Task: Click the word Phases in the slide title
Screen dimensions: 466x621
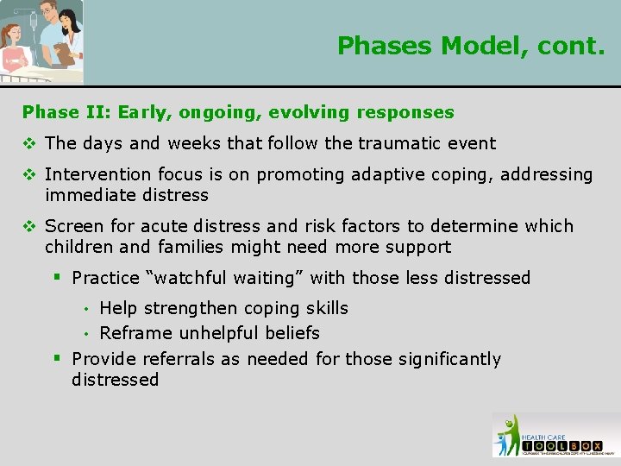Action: click(x=381, y=45)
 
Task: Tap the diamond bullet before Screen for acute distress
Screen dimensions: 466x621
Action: click(x=29, y=226)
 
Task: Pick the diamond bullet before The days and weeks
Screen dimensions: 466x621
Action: click(x=29, y=143)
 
